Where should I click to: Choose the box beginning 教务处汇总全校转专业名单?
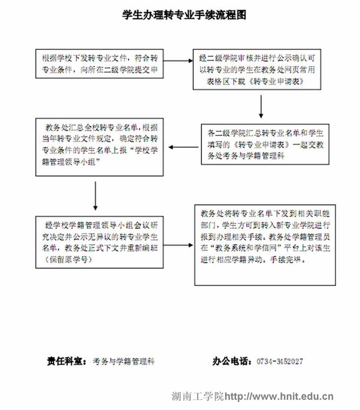point(99,146)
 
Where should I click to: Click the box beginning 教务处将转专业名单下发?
point(265,245)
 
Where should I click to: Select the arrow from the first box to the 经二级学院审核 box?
point(178,61)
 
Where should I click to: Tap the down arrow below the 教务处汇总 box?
point(95,196)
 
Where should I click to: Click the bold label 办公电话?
point(232,361)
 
